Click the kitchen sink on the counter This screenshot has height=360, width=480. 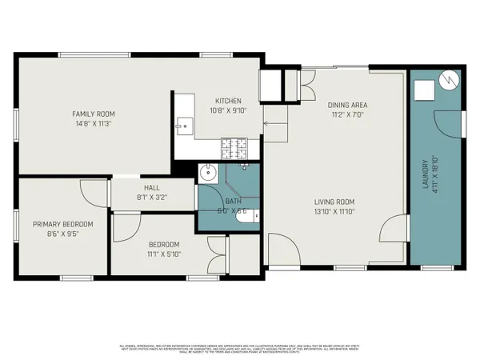coord(185,126)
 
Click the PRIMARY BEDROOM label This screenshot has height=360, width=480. coord(62,224)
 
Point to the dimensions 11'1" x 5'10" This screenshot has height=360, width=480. coord(163,254)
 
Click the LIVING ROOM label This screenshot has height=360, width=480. coord(334,202)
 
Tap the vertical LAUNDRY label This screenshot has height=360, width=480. coord(425,171)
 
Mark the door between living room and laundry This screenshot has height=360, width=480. coord(395,231)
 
